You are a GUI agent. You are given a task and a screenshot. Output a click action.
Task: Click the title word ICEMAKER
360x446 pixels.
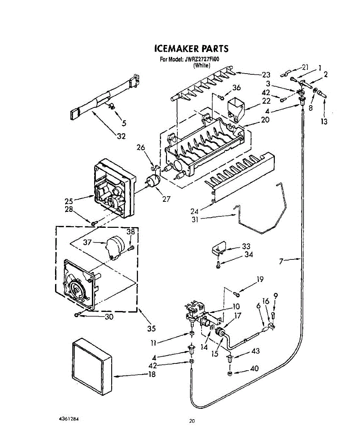tap(176, 49)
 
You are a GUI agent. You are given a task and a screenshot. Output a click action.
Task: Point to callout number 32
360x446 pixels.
tap(121, 136)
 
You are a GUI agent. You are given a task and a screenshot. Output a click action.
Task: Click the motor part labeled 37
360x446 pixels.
tap(114, 246)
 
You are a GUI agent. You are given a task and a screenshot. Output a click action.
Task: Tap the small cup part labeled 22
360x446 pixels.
tap(235, 106)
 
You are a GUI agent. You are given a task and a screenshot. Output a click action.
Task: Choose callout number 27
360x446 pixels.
tap(166, 199)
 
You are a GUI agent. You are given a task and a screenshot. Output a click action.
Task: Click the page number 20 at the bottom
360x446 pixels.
tap(192, 421)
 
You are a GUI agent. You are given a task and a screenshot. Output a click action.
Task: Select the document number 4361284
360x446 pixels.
tap(69, 418)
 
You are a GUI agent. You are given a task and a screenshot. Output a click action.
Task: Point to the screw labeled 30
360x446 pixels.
tap(77, 315)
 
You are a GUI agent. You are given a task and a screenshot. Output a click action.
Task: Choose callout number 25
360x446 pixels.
tap(68, 201)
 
